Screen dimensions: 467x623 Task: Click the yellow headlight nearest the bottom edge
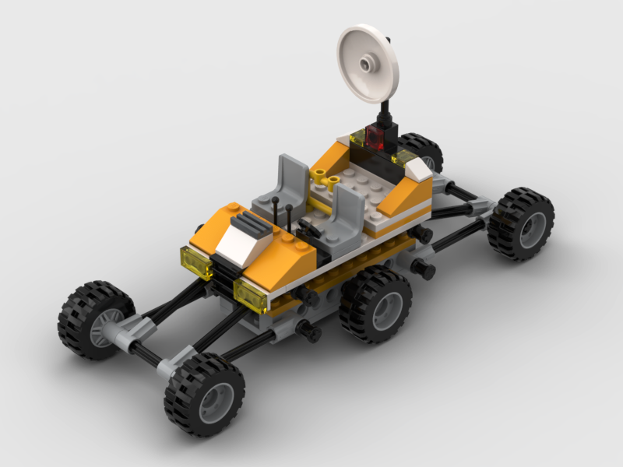(252, 296)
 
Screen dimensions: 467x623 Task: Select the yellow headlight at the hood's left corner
(195, 263)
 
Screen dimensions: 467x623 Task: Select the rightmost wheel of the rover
(521, 223)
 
